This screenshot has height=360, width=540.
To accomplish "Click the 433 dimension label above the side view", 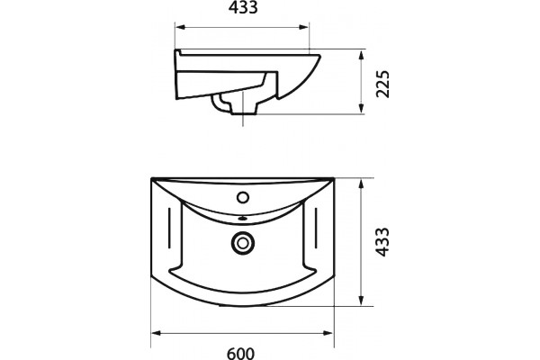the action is point(243,8).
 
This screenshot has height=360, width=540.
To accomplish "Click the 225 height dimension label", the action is point(382,84).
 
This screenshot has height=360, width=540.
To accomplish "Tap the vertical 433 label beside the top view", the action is point(382,242).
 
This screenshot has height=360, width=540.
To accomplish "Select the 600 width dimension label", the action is point(241,354).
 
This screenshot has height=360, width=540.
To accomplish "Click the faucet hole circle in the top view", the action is point(243,198).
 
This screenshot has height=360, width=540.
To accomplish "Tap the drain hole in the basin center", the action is point(243,243).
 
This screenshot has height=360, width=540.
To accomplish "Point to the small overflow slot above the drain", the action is point(243,218).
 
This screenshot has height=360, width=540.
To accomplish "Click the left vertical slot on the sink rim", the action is point(169,228).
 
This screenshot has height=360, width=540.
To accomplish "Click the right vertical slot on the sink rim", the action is point(316,228).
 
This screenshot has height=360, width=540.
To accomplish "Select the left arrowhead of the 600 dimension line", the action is point(157,333).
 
